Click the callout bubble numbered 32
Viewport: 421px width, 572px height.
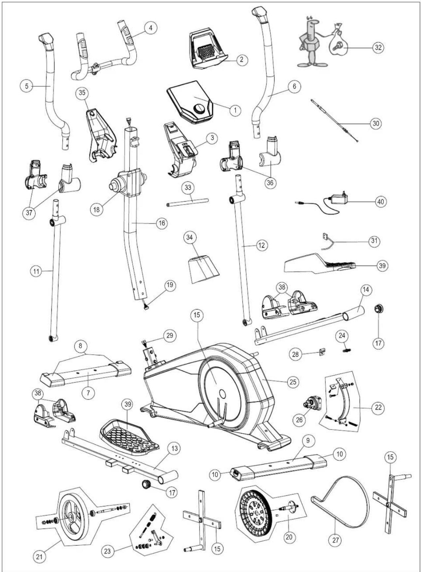[x=378, y=48]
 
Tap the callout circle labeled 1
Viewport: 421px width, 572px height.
[x=235, y=110]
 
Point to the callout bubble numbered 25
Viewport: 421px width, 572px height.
[x=293, y=382]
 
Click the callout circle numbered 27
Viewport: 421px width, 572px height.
[x=336, y=540]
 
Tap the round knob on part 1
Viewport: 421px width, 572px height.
[x=200, y=109]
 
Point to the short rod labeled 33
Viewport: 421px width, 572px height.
[x=187, y=202]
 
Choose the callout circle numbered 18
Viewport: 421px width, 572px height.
[x=97, y=210]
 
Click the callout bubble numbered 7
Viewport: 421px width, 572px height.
[x=88, y=393]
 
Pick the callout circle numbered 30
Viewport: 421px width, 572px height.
[x=376, y=124]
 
